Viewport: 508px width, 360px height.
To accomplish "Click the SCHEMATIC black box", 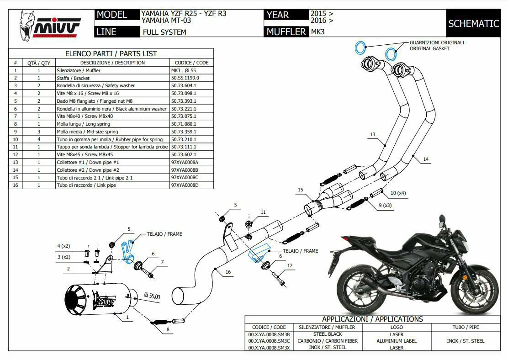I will (473, 23).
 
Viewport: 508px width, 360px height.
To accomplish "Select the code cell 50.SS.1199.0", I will (185, 78).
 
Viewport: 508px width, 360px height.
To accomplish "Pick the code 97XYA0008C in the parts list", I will (185, 177).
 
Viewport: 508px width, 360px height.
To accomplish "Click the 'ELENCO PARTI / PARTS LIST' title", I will (111, 53).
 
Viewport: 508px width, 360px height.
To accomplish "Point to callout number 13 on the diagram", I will (373, 135).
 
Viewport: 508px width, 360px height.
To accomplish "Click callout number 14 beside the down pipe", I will (426, 159).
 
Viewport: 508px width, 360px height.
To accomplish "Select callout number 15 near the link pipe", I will (300, 190).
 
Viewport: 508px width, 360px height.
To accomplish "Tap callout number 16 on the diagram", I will (228, 272).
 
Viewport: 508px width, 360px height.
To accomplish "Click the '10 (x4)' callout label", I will (397, 193).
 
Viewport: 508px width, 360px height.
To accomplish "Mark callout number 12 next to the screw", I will (290, 265).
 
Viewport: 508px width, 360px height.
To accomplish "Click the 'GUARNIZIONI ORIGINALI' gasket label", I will (437, 42).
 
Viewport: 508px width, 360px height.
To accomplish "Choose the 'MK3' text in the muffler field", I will (317, 32).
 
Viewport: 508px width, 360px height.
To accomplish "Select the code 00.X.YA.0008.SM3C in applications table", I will (269, 341).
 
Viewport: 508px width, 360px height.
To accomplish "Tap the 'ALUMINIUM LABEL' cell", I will (397, 341).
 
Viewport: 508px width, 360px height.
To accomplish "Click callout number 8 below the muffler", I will (168, 329).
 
